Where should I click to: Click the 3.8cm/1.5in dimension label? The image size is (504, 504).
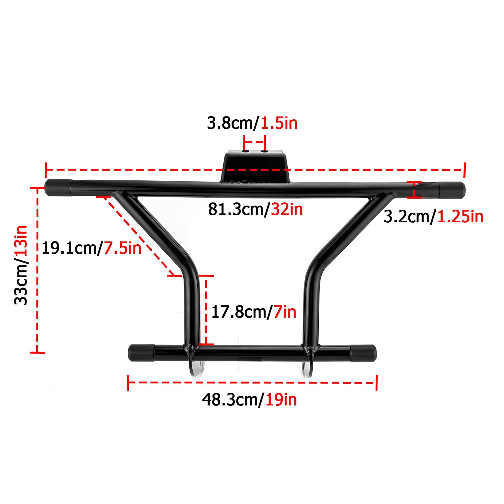point(252,123)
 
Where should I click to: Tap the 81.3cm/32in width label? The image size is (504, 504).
point(255,209)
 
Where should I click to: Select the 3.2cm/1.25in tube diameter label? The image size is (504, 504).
point(433,217)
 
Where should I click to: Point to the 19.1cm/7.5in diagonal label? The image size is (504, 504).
point(91,248)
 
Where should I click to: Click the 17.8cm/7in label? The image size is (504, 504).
point(254,312)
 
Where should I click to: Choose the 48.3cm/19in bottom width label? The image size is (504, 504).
point(249,400)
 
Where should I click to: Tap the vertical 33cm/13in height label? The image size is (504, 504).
point(21,265)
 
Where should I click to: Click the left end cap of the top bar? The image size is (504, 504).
point(59,188)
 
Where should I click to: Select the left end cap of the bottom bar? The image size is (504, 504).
point(141,353)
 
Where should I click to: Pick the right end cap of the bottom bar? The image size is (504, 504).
point(363,353)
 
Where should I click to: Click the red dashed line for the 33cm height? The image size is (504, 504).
point(37,271)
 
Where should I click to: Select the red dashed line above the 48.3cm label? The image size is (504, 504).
point(252,382)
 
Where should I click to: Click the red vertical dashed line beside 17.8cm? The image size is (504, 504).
point(206,310)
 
